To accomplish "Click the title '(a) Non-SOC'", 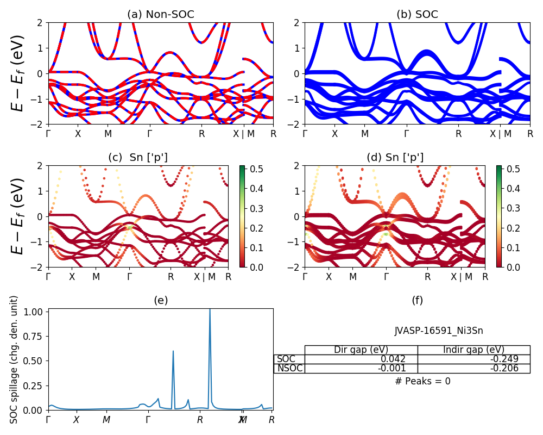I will [161, 15].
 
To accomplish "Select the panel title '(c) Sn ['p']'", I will [138, 157].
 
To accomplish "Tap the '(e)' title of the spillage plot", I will [161, 300].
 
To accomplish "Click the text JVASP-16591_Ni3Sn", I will [439, 331].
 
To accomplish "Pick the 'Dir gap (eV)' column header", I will [361, 350].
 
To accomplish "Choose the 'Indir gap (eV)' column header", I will [473, 350].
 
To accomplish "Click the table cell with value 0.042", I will [361, 359].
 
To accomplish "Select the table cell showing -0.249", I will [473, 359].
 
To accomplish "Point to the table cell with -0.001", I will [361, 369].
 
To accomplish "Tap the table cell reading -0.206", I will [473, 369].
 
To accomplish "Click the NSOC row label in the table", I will [289, 369].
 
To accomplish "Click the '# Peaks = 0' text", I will [423, 381].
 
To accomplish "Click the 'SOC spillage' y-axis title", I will [15, 359].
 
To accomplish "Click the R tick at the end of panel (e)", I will [271, 420].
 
